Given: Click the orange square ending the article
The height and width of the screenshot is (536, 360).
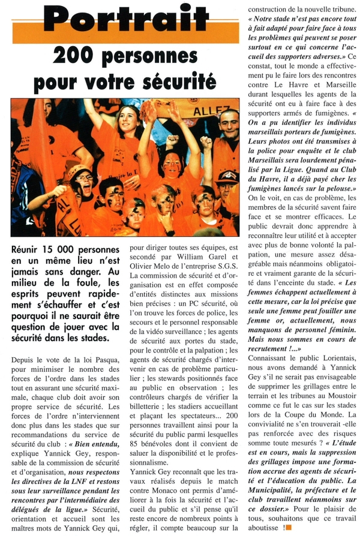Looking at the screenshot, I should pos(288,528).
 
